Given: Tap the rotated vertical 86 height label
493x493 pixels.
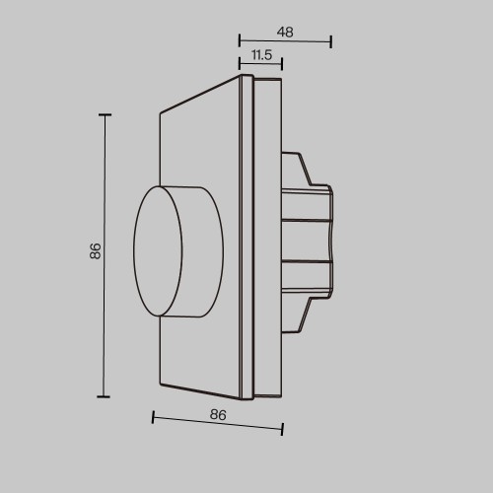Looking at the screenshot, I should (x=95, y=251).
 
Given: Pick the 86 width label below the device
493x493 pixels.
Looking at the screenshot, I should (x=219, y=415).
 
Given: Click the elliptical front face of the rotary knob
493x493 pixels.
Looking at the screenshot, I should (x=158, y=251).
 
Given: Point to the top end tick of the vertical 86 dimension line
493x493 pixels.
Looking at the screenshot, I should (x=104, y=115).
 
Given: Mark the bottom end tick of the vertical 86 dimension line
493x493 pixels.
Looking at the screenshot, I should (x=104, y=396).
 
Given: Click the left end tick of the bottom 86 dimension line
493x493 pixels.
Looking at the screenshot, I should (x=153, y=417).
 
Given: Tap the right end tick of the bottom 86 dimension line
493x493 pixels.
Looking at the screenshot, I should (x=283, y=429).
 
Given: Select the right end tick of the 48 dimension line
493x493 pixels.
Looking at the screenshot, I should (x=330, y=41).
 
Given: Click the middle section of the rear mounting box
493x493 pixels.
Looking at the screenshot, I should (x=308, y=242).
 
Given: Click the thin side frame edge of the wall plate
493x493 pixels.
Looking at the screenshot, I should (x=247, y=237).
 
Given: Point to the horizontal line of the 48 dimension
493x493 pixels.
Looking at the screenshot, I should (x=286, y=41).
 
